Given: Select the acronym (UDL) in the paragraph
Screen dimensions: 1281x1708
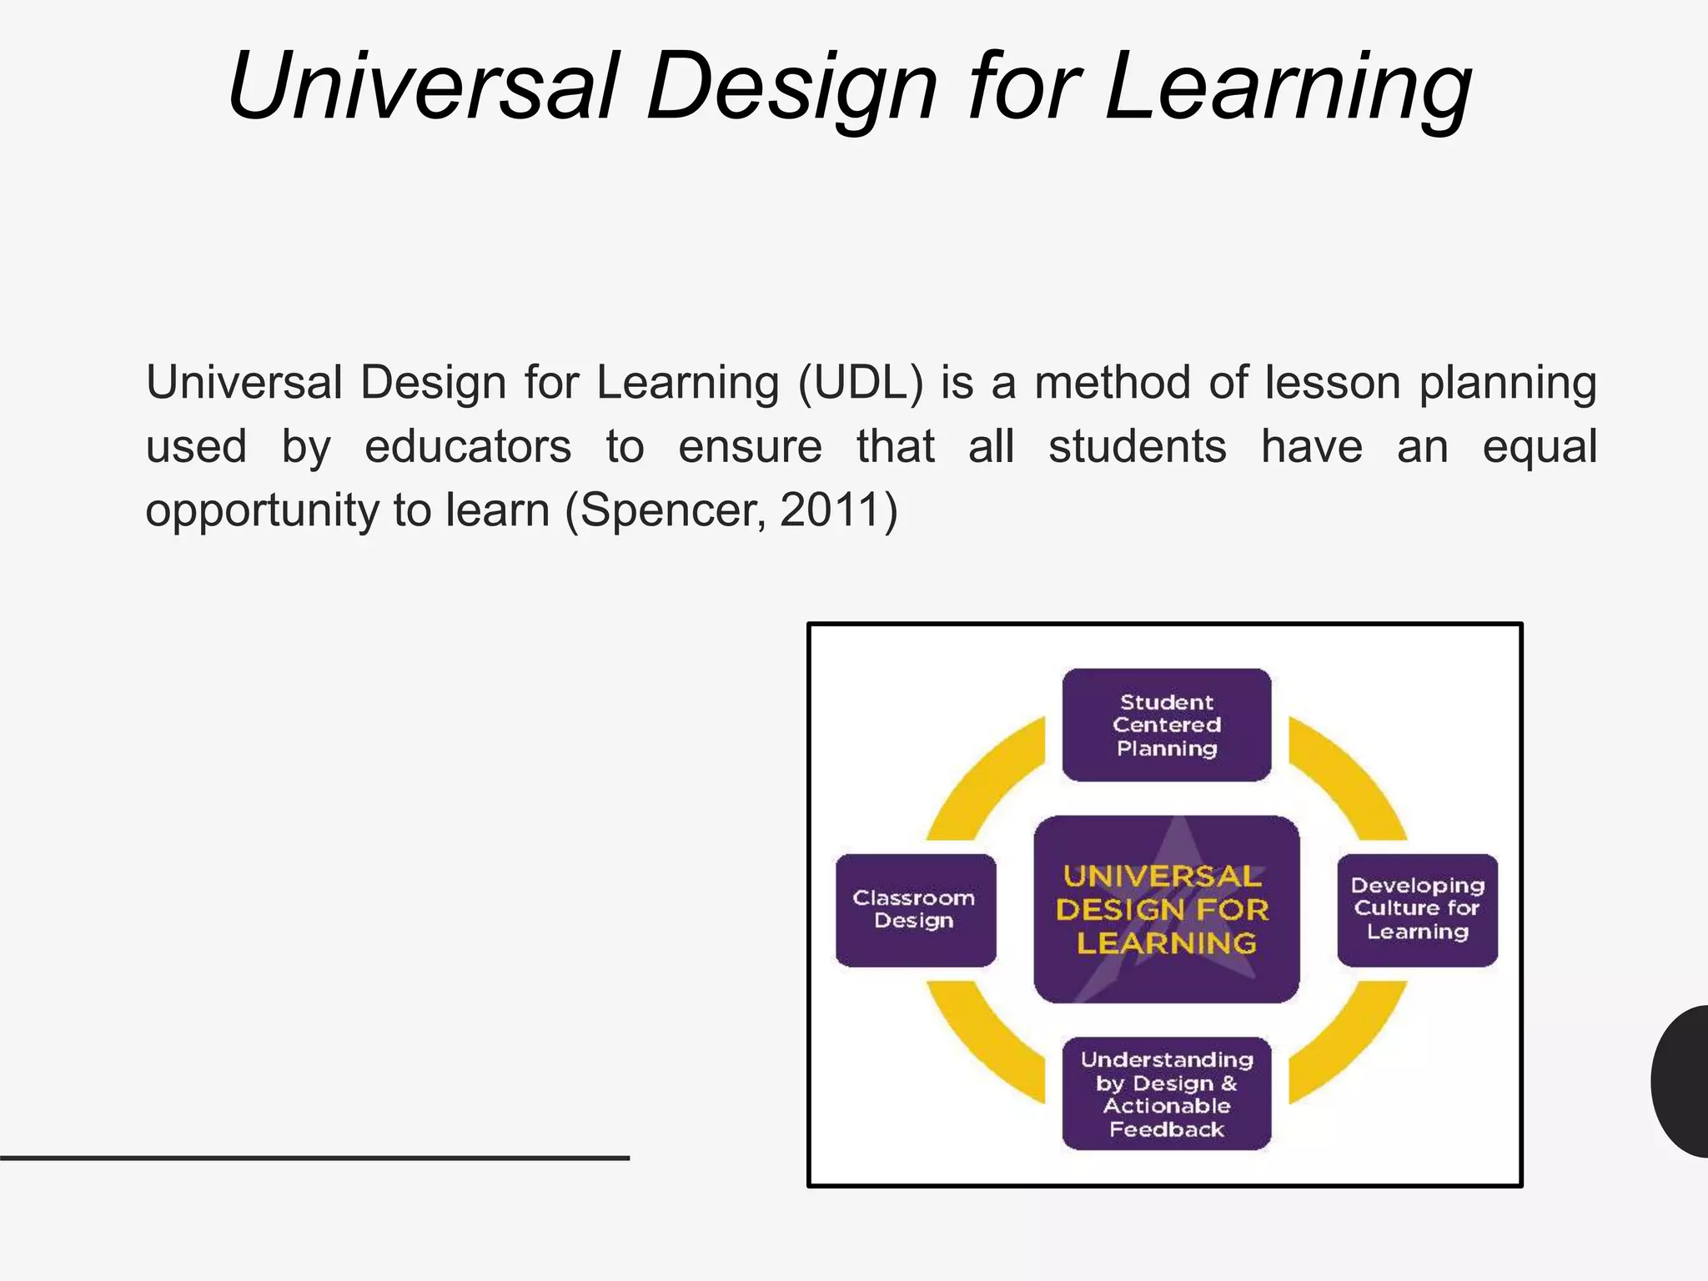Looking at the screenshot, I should [x=861, y=383].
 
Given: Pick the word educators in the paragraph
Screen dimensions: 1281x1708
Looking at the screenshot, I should [x=468, y=446].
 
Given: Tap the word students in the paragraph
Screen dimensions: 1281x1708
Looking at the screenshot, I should [x=1137, y=446].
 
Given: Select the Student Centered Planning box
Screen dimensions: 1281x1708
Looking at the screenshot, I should [x=1166, y=725].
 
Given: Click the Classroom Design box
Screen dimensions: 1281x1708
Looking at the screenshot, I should [x=915, y=910].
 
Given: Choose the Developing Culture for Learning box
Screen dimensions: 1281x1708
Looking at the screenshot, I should [x=1417, y=910].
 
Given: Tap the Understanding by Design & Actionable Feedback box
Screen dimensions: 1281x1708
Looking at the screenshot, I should [x=1166, y=1093].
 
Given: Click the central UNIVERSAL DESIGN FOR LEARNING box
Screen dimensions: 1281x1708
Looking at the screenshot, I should [x=1166, y=909].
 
